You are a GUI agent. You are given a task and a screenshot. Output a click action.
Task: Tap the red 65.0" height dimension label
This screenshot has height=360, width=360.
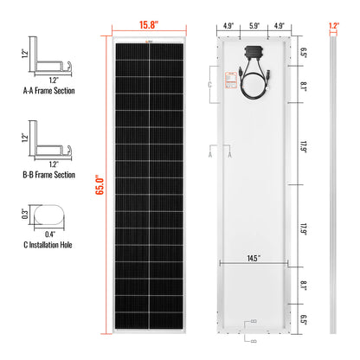tap(104, 184)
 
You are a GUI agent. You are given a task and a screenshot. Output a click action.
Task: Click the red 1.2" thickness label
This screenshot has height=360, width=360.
tap(333, 25)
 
